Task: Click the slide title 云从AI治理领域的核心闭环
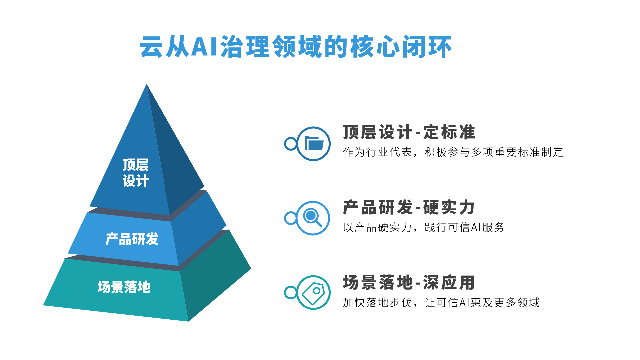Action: [296, 46]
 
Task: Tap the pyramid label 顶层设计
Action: [135, 173]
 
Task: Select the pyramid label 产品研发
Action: [132, 239]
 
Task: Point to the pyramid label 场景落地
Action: [124, 287]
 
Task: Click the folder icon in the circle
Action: [314, 144]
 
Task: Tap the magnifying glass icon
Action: [312, 217]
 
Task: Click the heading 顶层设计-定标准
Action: [409, 132]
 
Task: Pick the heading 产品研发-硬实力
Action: [409, 207]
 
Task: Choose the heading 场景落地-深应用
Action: [409, 283]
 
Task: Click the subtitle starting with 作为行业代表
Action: [453, 152]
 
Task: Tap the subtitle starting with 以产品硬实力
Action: [424, 228]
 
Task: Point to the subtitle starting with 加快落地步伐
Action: [441, 303]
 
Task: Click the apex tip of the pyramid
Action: [147, 84]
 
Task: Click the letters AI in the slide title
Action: [204, 47]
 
